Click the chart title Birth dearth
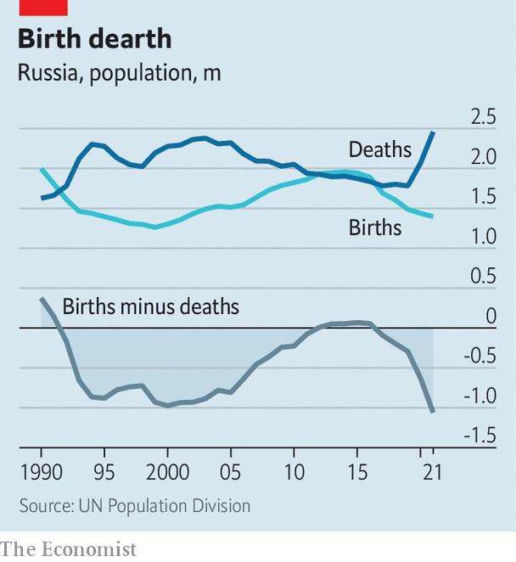93,39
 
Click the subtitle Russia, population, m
119,72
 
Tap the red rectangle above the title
42,7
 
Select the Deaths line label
379,150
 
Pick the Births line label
374,228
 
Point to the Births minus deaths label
150,306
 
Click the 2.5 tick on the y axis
484,117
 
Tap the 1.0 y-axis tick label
484,237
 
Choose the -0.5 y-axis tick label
480,357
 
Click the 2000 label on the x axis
167,470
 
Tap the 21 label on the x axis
432,470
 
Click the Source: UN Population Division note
134,506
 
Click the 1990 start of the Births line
42,169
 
